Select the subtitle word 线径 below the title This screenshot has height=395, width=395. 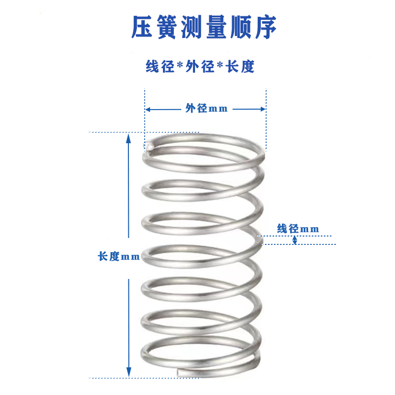pyautogui.click(x=160, y=67)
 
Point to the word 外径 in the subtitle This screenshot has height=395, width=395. pyautogui.click(x=200, y=67)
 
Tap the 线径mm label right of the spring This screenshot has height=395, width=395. pyautogui.click(x=298, y=229)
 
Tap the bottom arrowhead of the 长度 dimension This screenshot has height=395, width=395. pyautogui.click(x=129, y=374)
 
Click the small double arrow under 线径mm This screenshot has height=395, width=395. pyautogui.click(x=295, y=240)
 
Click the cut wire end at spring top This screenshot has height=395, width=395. pyautogui.click(x=150, y=147)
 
